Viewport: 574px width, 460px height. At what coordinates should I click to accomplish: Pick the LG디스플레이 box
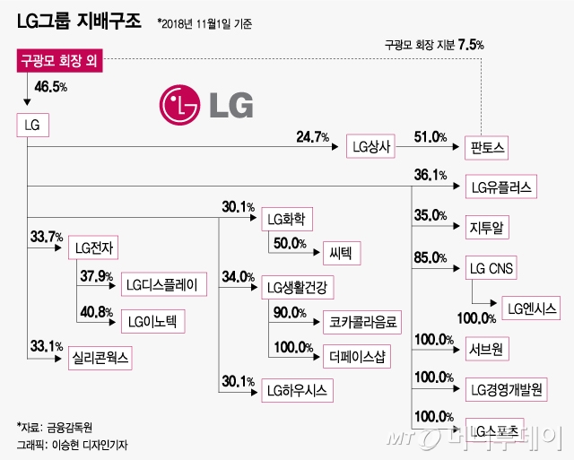[x=163, y=284]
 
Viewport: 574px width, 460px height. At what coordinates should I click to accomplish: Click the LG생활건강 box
[x=296, y=287]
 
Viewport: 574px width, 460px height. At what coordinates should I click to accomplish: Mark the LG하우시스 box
[x=296, y=390]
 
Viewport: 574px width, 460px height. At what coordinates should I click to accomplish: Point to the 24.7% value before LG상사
[x=314, y=137]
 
